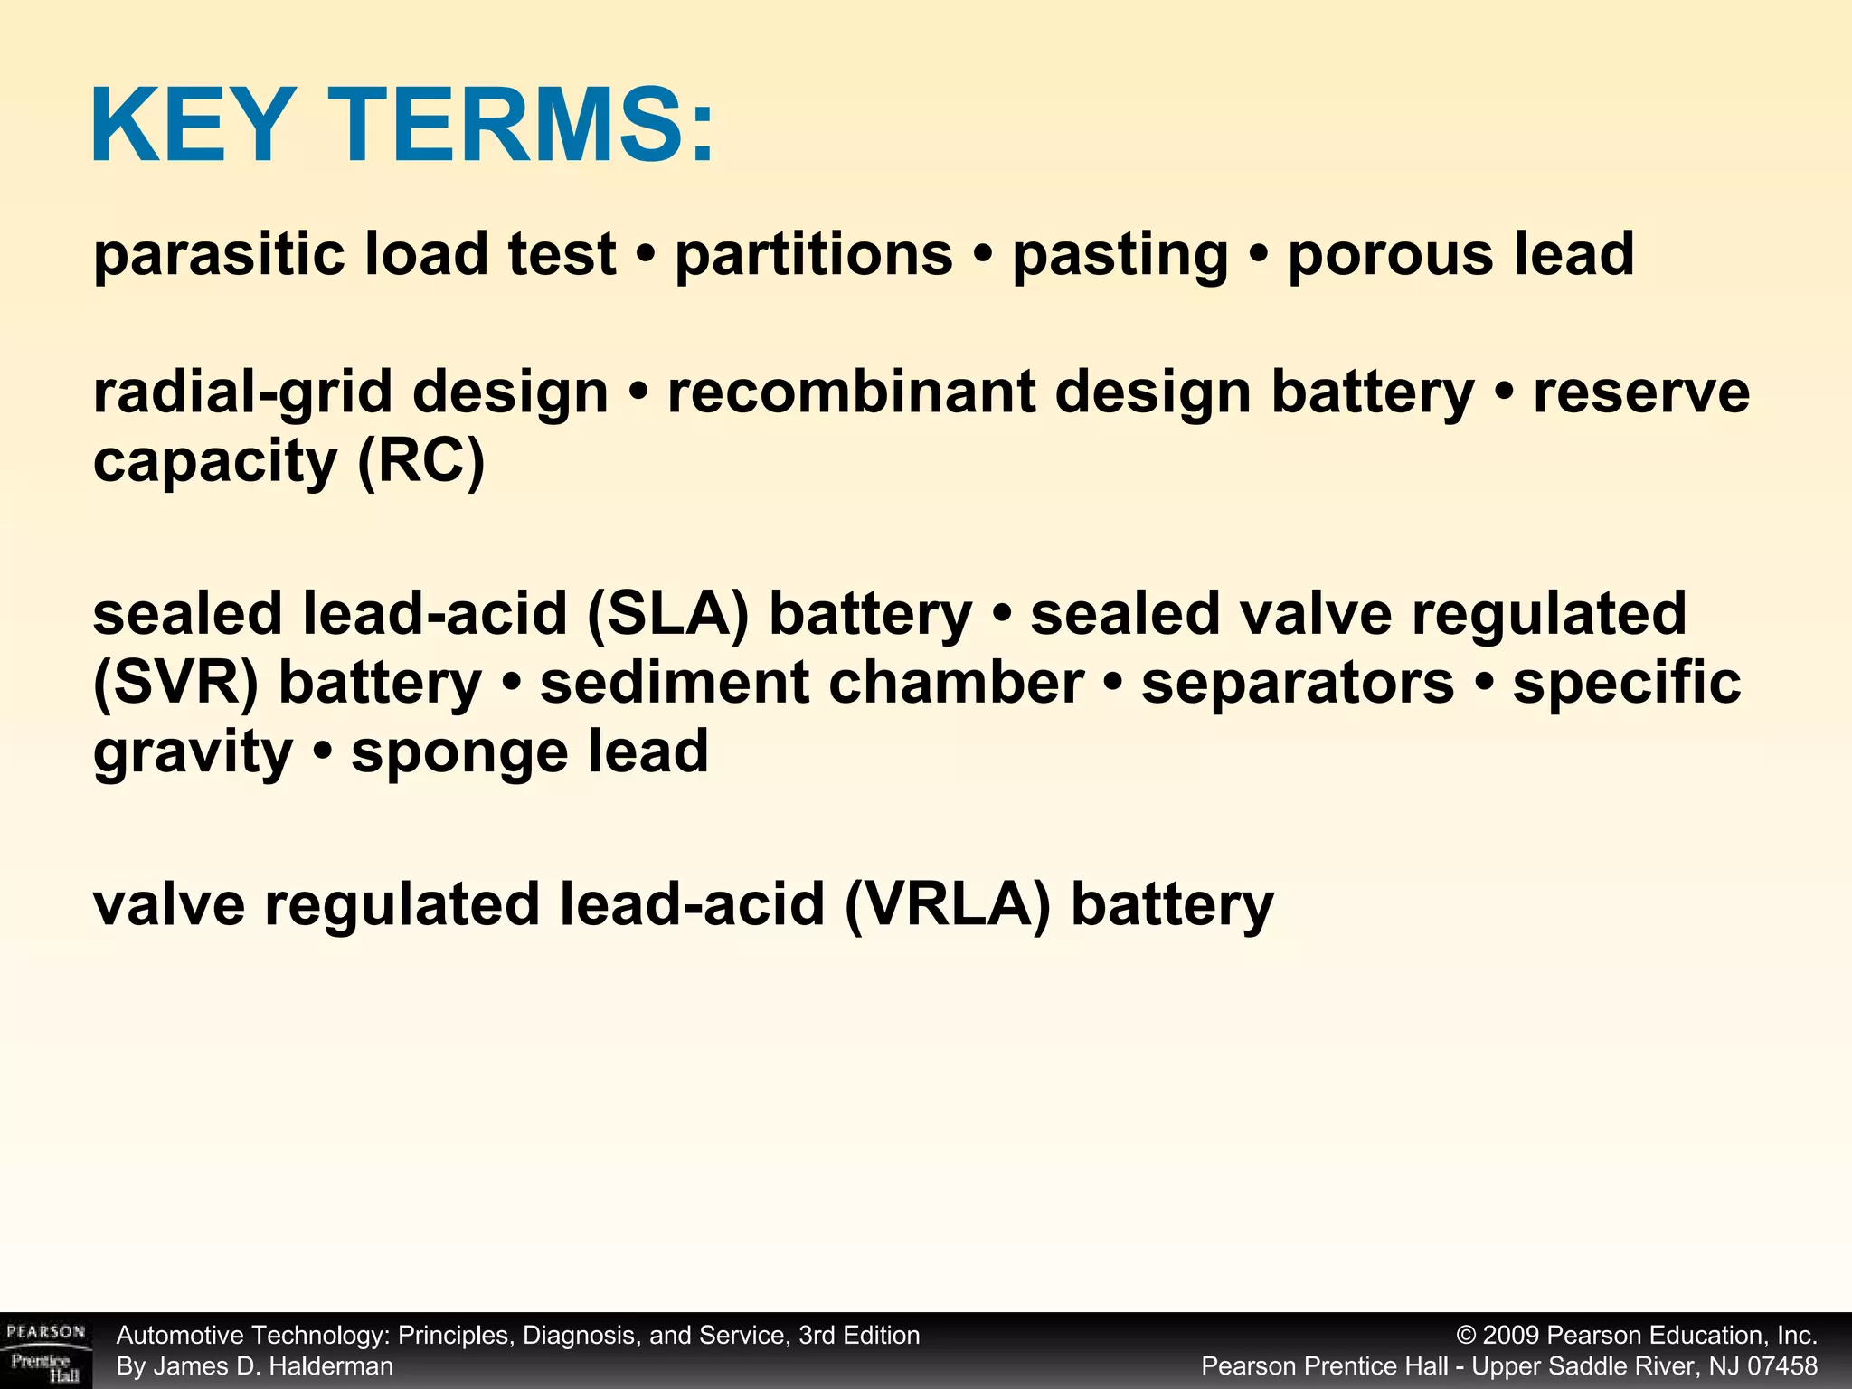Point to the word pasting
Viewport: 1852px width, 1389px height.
pyautogui.click(x=1120, y=256)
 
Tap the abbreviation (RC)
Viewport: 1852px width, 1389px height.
pyautogui.click(x=421, y=461)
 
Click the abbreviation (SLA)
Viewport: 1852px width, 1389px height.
pyautogui.click(x=667, y=614)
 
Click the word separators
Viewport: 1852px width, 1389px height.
pyautogui.click(x=1298, y=683)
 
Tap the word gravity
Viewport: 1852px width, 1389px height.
pyautogui.click(x=193, y=753)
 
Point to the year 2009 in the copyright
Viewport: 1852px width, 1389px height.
pyautogui.click(x=1511, y=1336)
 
